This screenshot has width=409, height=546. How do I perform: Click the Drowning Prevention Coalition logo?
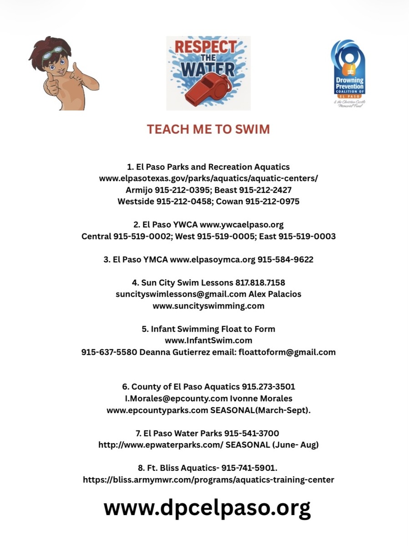348,73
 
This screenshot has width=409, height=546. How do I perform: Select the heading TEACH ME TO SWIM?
208,129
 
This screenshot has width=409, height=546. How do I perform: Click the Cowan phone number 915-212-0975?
272,202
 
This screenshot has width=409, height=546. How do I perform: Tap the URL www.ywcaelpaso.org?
242,225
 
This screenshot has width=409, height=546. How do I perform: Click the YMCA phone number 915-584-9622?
285,260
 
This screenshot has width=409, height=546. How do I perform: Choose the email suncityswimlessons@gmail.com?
181,294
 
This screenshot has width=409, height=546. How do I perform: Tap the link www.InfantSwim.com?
208,340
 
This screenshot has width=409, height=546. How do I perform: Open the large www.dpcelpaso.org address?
207,507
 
